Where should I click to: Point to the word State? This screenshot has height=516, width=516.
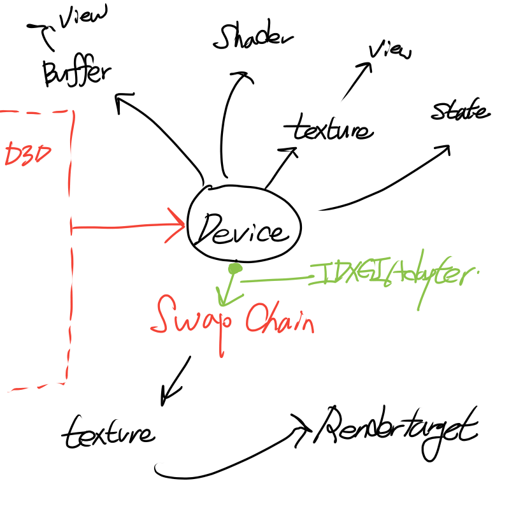pyautogui.click(x=460, y=112)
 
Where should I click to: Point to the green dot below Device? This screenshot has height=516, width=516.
pyautogui.click(x=235, y=269)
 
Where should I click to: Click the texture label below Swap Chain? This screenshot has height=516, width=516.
pyautogui.click(x=108, y=432)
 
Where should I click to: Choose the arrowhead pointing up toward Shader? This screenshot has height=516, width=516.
pyautogui.click(x=243, y=77)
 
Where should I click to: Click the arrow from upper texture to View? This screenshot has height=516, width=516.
pyautogui.click(x=357, y=82)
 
